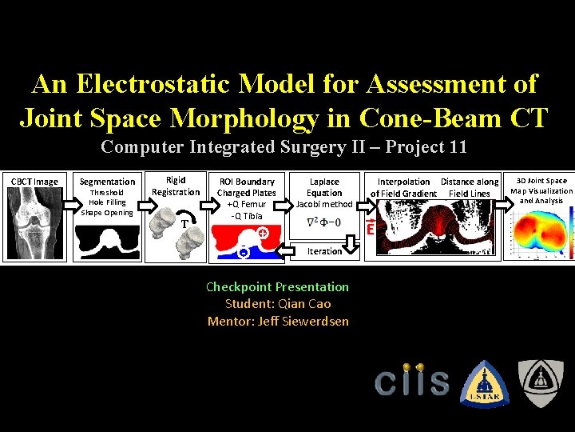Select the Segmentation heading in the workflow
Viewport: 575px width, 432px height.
pyautogui.click(x=108, y=182)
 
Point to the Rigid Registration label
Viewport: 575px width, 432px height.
pyautogui.click(x=176, y=186)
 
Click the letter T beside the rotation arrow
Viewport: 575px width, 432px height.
pyautogui.click(x=184, y=225)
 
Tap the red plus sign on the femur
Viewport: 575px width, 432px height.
pyautogui.click(x=262, y=232)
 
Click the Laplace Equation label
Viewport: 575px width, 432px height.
pyautogui.click(x=324, y=187)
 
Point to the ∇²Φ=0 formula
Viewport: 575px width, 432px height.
pyautogui.click(x=324, y=222)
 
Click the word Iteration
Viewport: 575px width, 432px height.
pyautogui.click(x=325, y=251)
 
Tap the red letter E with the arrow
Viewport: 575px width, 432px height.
pyautogui.click(x=371, y=230)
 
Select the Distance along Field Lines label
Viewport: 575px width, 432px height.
pyautogui.click(x=470, y=187)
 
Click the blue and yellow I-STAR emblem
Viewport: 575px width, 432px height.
pyautogui.click(x=483, y=382)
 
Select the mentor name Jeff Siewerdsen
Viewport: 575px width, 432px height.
pyautogui.click(x=277, y=321)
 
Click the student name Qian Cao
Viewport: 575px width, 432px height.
pyautogui.click(x=277, y=304)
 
